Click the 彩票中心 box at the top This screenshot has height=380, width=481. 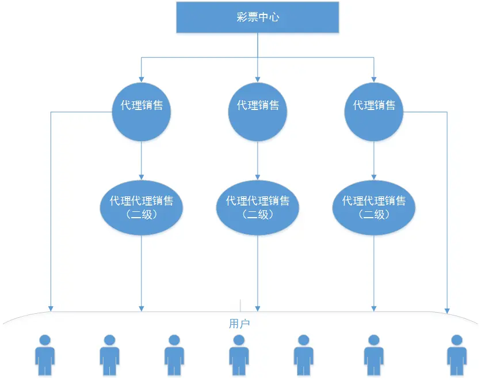(x=257, y=17)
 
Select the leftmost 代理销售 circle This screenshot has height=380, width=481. (x=142, y=112)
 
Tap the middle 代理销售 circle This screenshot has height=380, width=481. (x=258, y=112)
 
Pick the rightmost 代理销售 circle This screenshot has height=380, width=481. (x=374, y=112)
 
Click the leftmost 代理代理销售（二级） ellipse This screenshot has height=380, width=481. (x=142, y=207)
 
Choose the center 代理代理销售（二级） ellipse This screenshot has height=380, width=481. (x=258, y=207)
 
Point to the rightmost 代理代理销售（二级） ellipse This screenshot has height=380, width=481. (x=374, y=207)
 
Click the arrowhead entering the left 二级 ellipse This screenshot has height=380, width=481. (x=142, y=176)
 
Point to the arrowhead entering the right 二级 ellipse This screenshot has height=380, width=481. (x=374, y=176)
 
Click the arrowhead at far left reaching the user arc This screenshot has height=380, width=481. (x=51, y=308)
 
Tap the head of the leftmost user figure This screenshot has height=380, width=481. (x=45, y=339)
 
